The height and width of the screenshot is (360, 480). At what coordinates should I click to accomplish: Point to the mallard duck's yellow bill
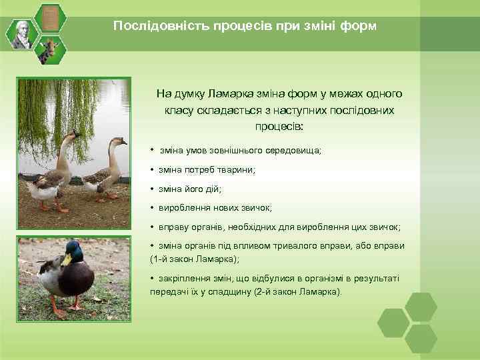click(66, 259)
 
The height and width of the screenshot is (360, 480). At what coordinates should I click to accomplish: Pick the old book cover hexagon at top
click(49, 17)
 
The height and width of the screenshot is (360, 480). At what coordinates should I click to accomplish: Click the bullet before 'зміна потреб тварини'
click(153, 170)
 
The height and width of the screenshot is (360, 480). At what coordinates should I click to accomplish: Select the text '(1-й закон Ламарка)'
click(194, 259)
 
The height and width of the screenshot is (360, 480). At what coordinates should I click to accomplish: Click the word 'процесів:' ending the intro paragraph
click(279, 125)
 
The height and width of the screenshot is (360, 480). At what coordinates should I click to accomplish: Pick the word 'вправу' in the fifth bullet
click(173, 227)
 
